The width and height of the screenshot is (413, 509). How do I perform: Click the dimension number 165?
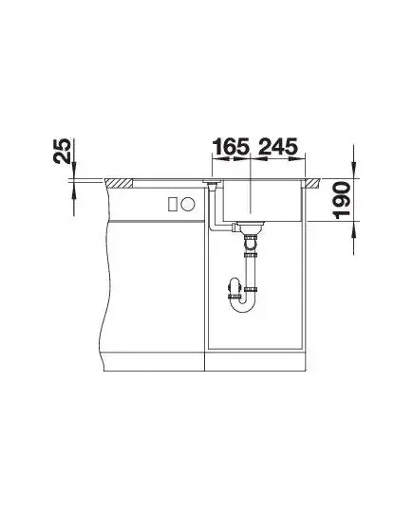click(x=232, y=146)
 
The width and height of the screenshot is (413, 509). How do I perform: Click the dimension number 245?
click(x=278, y=146)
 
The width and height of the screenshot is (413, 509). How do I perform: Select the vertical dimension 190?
click(x=342, y=200)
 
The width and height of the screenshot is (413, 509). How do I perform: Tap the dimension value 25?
click(x=62, y=151)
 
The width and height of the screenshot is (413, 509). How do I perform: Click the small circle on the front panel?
click(x=188, y=204)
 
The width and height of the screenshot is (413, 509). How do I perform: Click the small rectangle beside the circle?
click(x=173, y=204)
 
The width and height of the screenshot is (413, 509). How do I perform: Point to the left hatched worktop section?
click(x=119, y=183)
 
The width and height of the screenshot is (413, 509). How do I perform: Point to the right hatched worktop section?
click(x=312, y=183)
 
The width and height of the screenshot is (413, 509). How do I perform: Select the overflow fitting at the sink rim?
click(x=212, y=182)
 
